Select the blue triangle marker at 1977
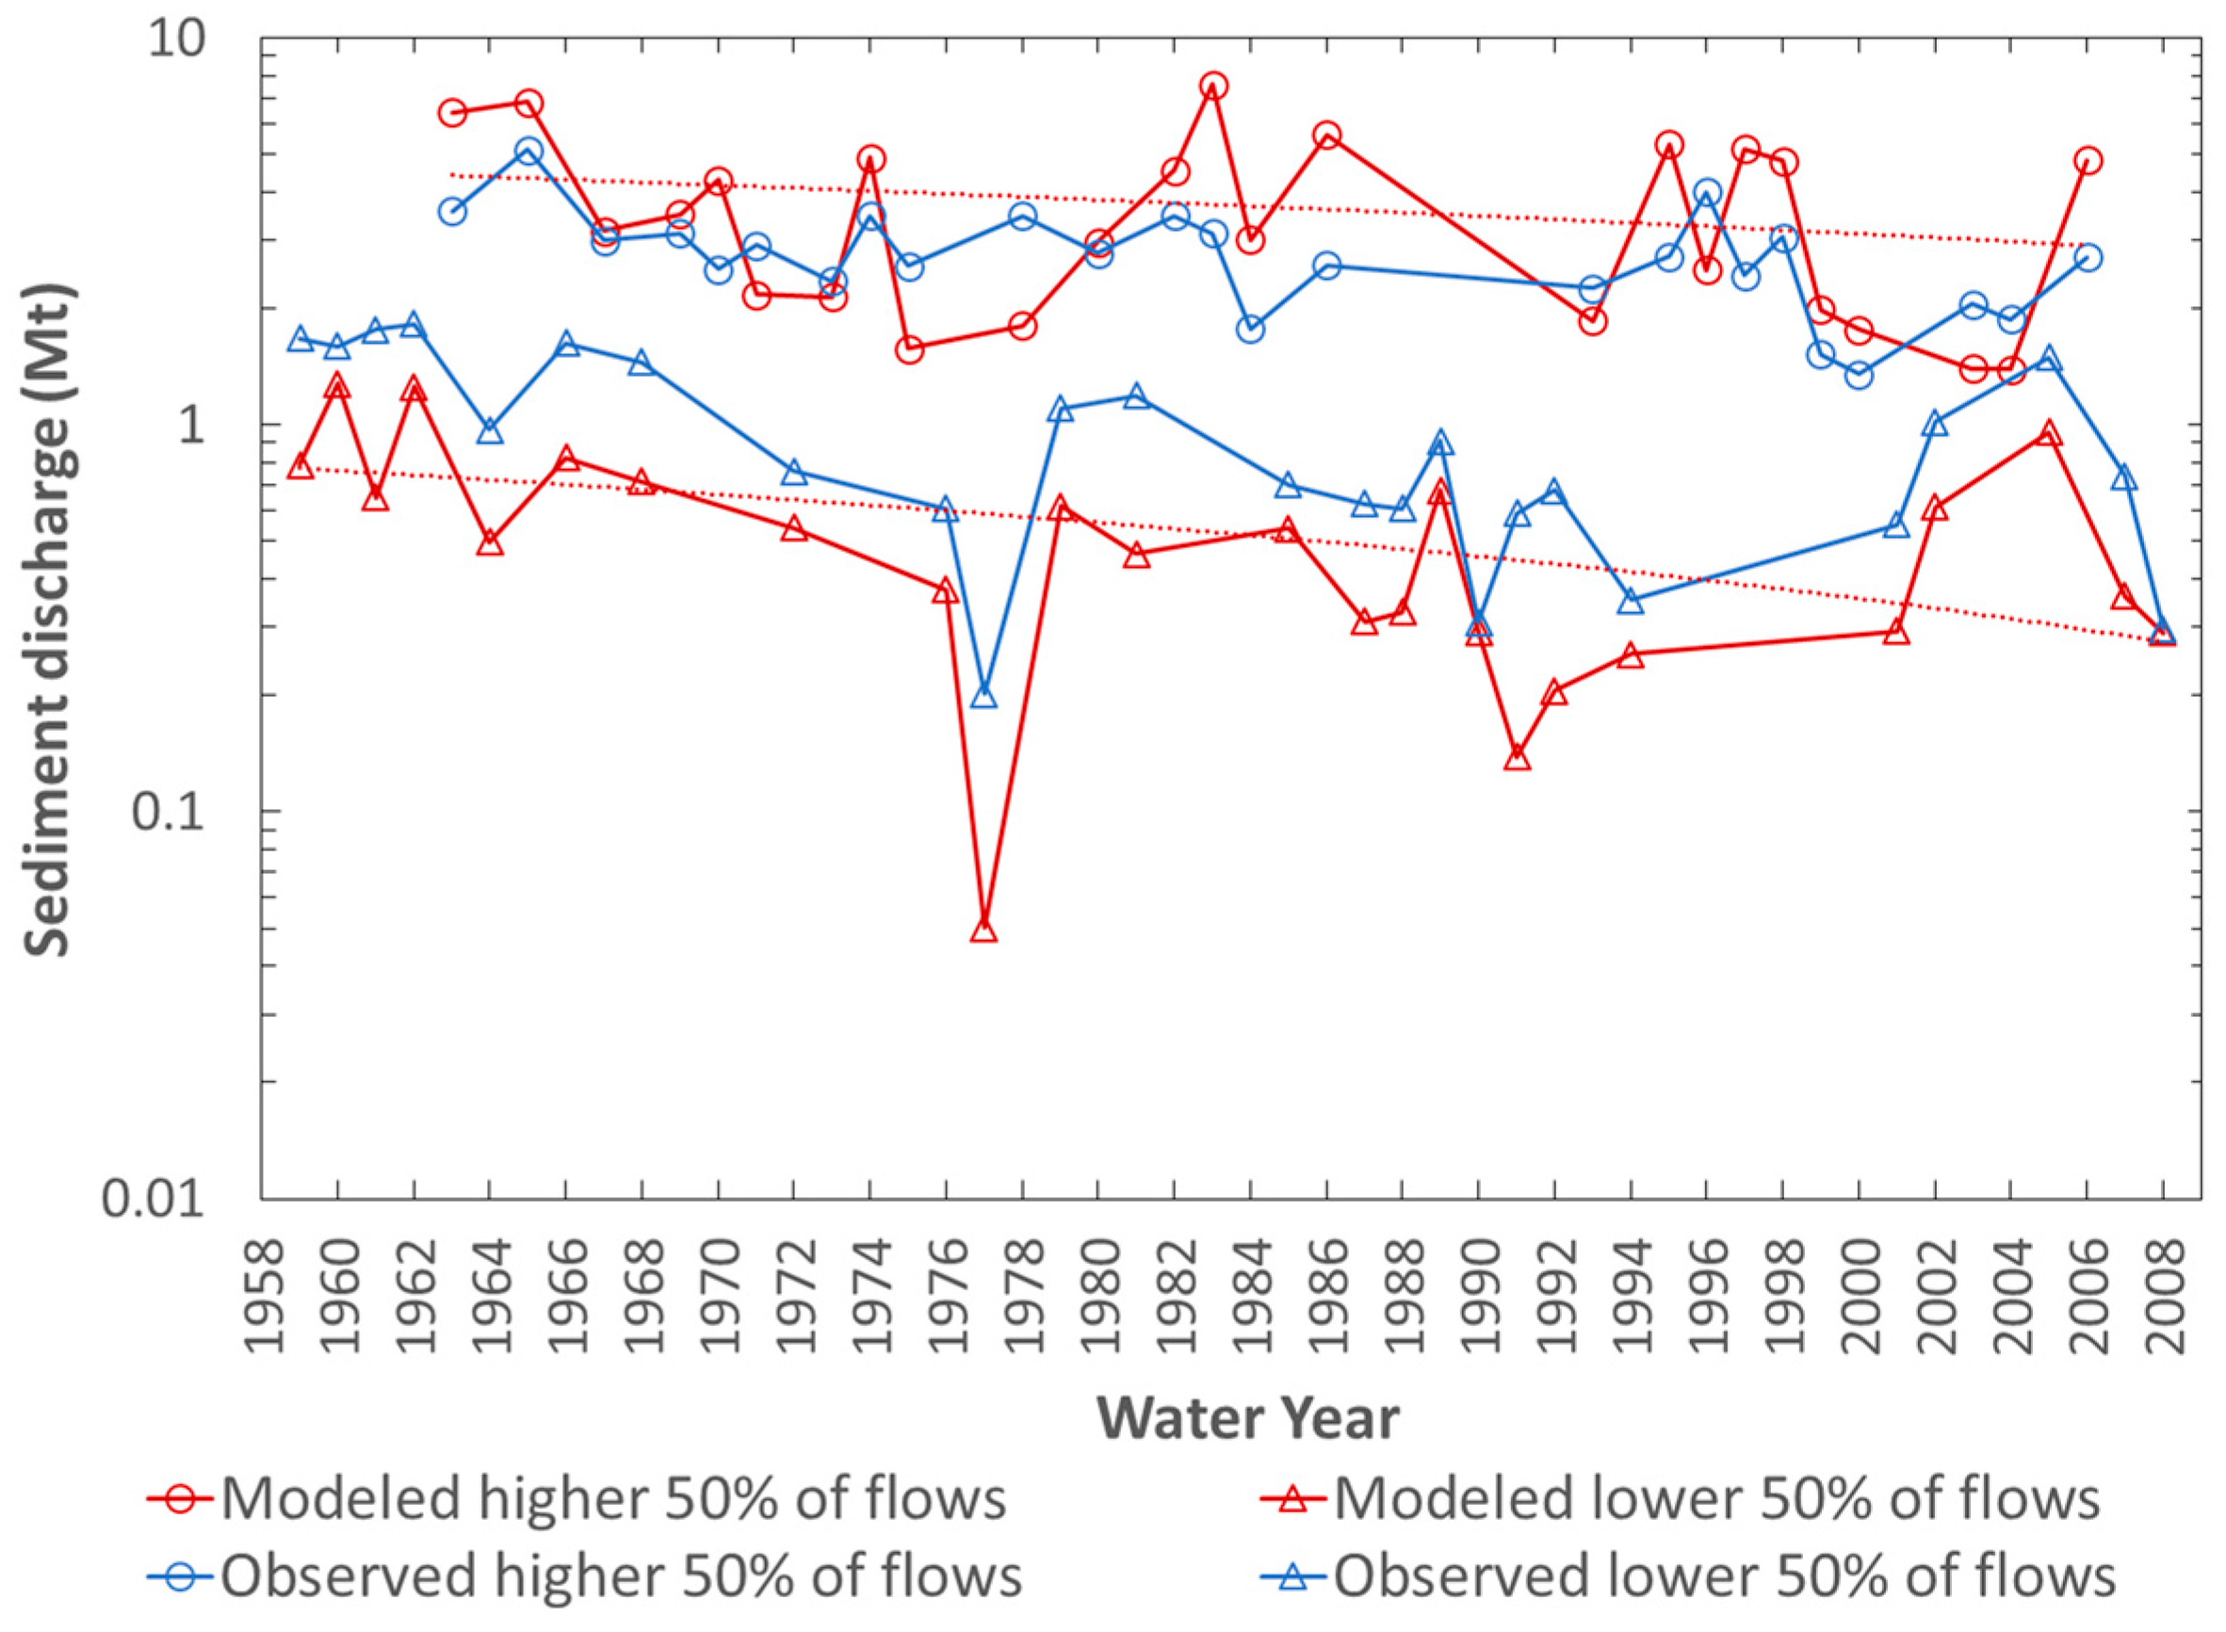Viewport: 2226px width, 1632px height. (983, 697)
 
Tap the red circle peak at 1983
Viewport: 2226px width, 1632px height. (1214, 86)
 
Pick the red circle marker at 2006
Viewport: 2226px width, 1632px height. (2088, 161)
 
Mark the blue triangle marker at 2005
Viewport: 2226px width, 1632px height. (2049, 358)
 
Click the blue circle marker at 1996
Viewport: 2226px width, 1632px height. (1707, 193)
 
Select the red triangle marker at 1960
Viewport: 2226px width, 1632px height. (338, 385)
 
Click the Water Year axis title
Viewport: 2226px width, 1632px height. (1248, 1418)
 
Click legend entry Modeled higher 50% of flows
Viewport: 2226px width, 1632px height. (576, 1498)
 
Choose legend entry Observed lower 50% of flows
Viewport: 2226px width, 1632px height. (1688, 1575)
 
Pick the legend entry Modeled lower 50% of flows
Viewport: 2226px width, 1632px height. (1681, 1498)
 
